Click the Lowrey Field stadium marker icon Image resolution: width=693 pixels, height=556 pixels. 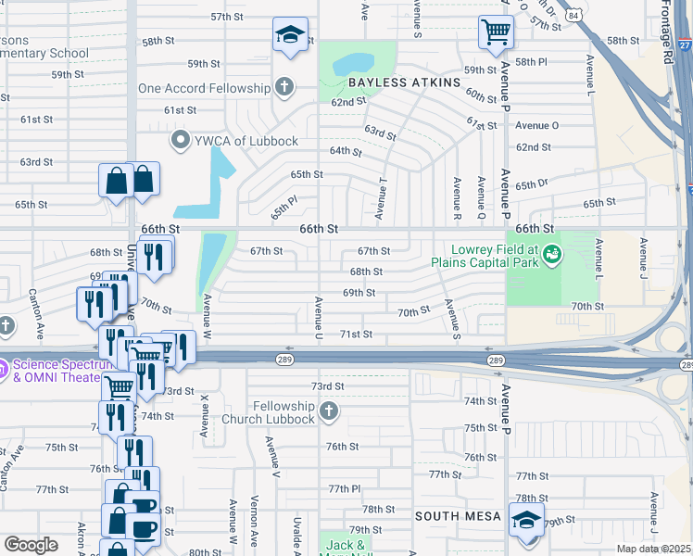(553, 252)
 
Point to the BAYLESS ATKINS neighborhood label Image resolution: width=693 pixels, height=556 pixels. (404, 82)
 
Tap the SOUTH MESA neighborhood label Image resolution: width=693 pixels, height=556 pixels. (458, 516)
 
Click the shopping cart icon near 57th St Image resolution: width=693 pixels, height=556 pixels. (496, 32)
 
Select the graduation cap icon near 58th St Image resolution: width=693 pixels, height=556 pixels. (291, 36)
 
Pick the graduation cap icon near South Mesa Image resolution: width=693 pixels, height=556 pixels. (525, 519)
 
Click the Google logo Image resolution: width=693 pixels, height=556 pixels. (31, 544)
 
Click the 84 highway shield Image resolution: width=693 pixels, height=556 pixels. (575, 14)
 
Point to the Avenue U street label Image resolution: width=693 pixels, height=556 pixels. (318, 316)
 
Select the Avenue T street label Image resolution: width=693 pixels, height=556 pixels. (380, 204)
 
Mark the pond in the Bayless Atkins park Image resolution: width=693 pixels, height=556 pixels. (347, 63)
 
